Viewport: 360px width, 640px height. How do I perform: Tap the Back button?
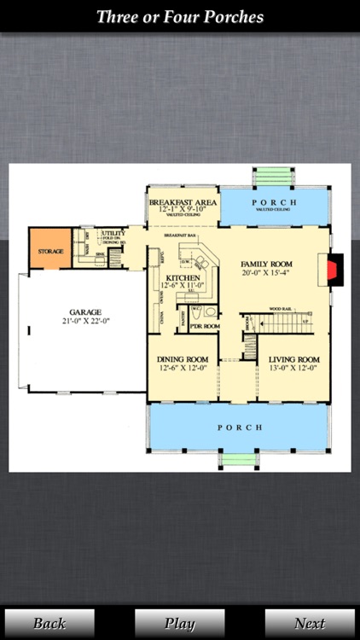[49, 623]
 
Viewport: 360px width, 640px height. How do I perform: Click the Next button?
[310, 623]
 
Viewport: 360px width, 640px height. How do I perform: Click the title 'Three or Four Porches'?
[180, 17]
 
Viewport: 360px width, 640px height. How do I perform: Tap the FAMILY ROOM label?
[266, 264]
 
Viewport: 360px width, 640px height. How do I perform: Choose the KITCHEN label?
[183, 279]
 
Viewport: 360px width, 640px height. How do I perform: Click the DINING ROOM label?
[183, 359]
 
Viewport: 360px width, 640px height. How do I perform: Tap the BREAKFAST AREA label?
[182, 203]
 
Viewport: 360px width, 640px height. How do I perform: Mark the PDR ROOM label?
[205, 326]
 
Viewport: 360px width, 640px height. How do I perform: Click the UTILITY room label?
[113, 233]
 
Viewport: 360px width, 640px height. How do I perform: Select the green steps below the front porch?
[239, 461]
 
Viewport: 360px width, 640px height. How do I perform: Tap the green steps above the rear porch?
[274, 177]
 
